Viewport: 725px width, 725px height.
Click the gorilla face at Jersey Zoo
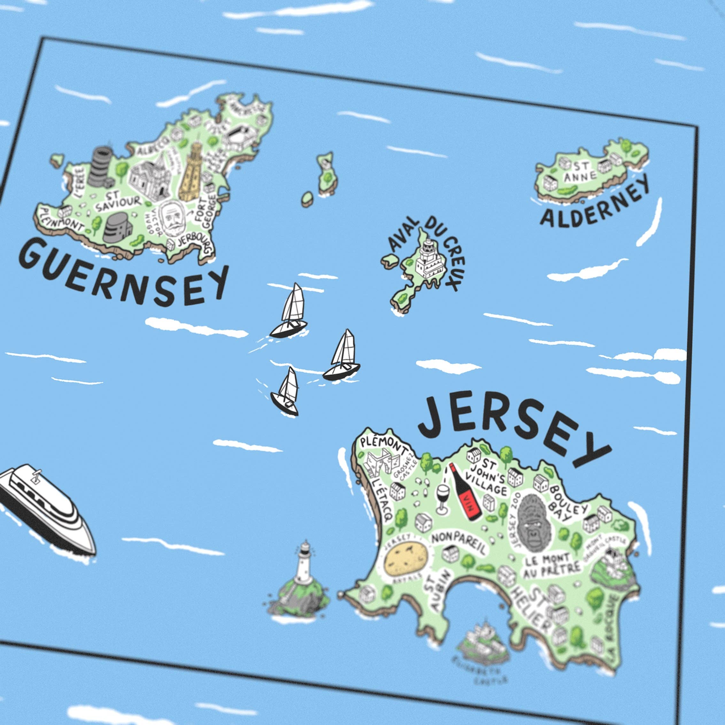click(x=533, y=523)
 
